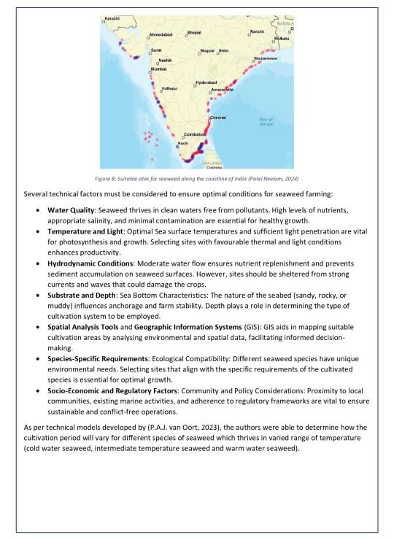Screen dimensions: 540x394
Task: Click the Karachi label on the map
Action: [x=112, y=18]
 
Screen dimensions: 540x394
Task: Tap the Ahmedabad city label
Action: [x=160, y=35]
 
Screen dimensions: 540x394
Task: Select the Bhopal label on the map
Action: [x=193, y=33]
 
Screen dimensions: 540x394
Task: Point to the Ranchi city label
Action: [x=257, y=32]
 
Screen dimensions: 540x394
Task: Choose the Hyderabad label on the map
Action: [x=206, y=82]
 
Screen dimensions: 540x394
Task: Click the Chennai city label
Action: [x=218, y=117]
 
